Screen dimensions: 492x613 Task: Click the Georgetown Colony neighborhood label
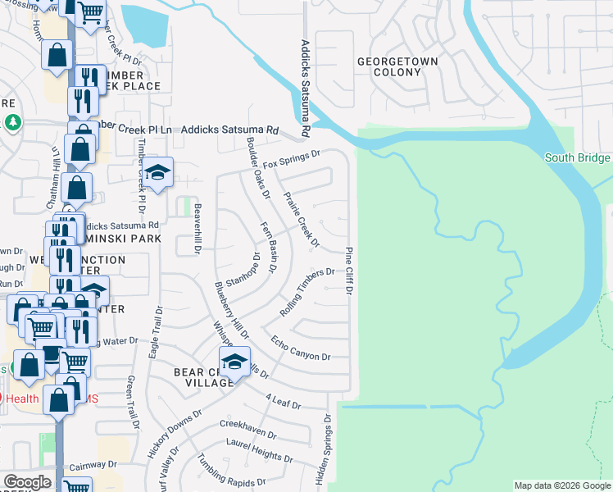397,67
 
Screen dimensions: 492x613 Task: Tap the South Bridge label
577,158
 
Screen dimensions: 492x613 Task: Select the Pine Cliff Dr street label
348,271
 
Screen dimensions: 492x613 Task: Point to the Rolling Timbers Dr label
307,293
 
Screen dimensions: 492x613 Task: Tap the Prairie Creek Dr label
300,219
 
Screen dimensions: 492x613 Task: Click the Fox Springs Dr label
291,160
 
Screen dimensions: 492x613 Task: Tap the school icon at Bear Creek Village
234,362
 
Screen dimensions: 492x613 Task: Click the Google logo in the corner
26,482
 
